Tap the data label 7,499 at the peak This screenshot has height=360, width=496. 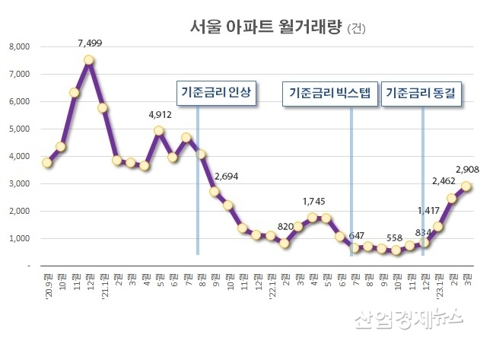[90, 43]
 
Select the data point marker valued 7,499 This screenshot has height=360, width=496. [89, 59]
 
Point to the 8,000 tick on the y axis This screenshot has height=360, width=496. [17, 46]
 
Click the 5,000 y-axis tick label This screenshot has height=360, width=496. [17, 129]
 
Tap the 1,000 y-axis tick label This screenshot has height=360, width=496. [17, 238]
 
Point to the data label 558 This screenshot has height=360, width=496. [394, 237]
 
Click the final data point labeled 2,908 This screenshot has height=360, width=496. [466, 186]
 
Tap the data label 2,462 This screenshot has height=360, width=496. [443, 181]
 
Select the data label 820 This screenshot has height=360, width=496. [285, 228]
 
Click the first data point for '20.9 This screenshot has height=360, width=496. [47, 162]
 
